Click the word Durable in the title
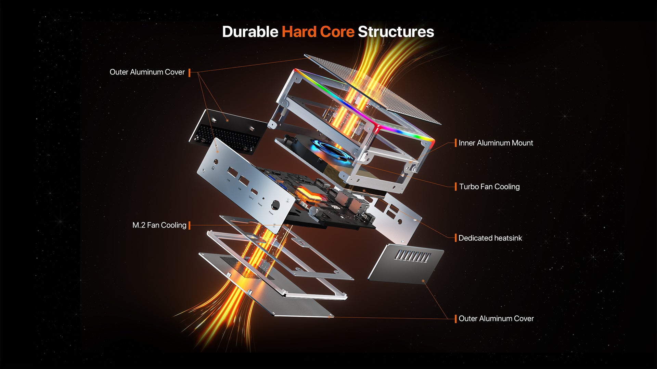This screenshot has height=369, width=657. click(x=250, y=32)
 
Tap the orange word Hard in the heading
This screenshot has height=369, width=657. click(x=299, y=32)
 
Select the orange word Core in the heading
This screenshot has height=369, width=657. click(x=337, y=32)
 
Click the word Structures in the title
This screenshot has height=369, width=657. click(x=396, y=32)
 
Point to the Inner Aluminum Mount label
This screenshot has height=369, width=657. click(x=495, y=143)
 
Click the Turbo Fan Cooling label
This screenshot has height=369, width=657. click(x=489, y=187)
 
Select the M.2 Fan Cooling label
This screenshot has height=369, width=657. click(x=159, y=225)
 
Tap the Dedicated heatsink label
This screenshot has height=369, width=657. click(x=490, y=238)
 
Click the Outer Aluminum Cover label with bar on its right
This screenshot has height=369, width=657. click(x=147, y=72)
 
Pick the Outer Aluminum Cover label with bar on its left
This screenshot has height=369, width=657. click(x=496, y=318)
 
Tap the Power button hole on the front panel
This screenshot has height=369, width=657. click(x=275, y=206)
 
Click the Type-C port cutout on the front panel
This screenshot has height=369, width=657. click(x=254, y=191)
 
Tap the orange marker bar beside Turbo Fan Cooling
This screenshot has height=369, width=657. click(x=455, y=187)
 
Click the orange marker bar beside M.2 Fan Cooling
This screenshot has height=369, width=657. click(x=190, y=225)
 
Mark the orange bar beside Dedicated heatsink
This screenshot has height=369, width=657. click(x=455, y=238)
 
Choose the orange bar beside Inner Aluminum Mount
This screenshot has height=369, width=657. click(x=455, y=143)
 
